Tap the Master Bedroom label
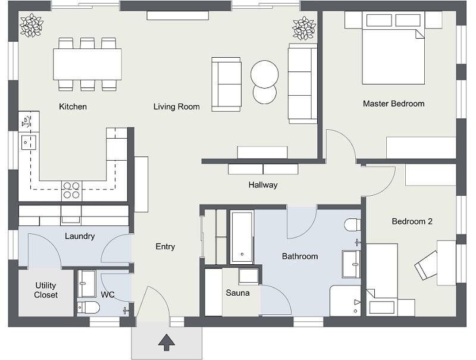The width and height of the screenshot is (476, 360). pos(393,104)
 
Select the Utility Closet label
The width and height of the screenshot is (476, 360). pos(46,290)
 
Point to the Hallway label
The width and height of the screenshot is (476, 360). pos(263,185)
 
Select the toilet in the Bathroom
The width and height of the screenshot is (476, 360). pos(353,225)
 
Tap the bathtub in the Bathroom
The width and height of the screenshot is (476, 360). pos(242,236)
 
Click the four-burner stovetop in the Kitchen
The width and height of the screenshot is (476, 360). pos(71,190)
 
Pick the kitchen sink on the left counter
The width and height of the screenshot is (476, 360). pos(28,142)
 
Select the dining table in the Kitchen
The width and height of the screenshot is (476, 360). pos(87,64)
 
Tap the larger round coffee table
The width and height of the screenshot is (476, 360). pos(264,74)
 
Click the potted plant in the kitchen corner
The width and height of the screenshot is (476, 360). pos(31,25)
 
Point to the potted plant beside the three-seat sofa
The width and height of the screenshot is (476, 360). pos(303,28)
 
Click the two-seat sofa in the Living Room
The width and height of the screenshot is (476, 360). pos(227,84)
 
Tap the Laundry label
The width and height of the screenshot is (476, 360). pos(80,236)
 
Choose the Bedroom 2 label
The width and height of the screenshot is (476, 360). pos(412,221)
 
